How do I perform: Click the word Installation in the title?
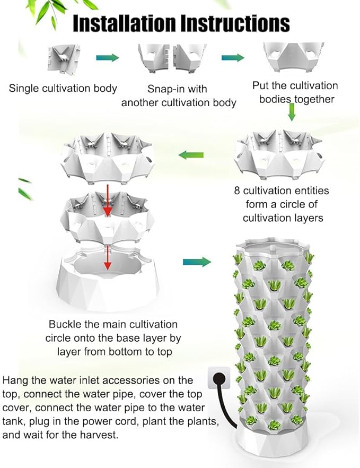pyautogui.click(x=125, y=23)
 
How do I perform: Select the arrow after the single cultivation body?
pyautogui.click(x=108, y=57)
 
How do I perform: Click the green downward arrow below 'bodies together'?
pyautogui.click(x=292, y=112)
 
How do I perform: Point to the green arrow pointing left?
pyautogui.click(x=191, y=155)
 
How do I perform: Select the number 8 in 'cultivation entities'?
pyautogui.click(x=237, y=191)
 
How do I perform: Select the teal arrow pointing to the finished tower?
pyautogui.click(x=197, y=262)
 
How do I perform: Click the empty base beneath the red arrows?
pyautogui.click(x=108, y=280)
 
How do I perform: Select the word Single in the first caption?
pyautogui.click(x=23, y=89)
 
